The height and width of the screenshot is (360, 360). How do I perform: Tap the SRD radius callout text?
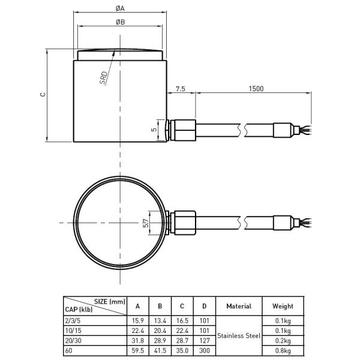104,79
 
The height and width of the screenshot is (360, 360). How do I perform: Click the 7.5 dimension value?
180,88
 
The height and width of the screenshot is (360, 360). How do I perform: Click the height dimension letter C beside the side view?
41,95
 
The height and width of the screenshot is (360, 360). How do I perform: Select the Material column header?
239,306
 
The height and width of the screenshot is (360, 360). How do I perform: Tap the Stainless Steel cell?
239,336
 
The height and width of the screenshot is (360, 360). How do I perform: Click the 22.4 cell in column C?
181,331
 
